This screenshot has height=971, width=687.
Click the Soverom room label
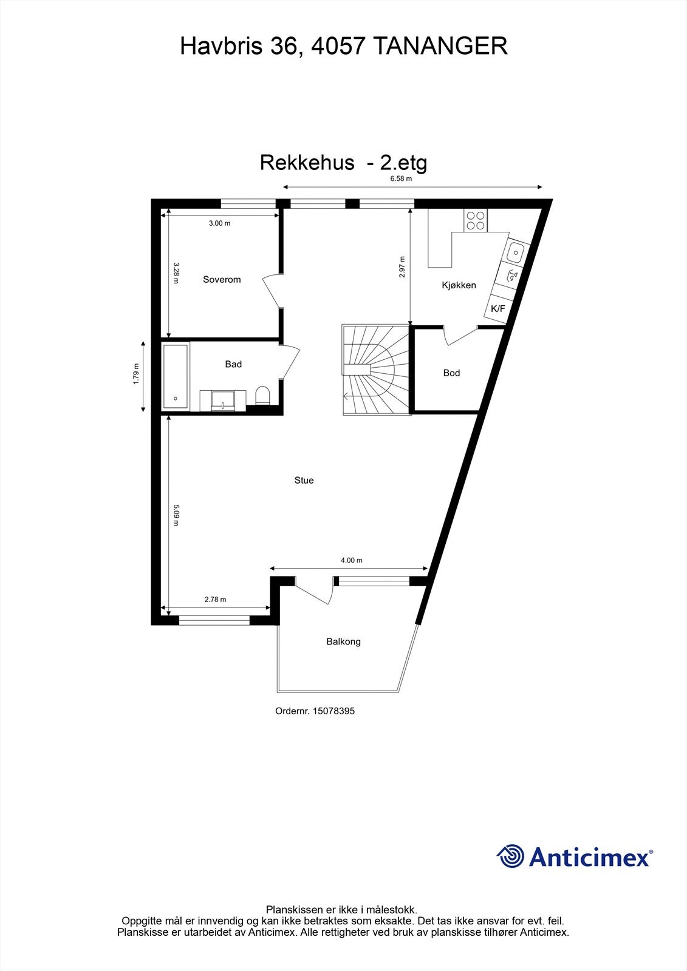click(222, 280)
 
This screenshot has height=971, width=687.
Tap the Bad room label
click(233, 364)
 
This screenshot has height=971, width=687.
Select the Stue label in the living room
click(304, 481)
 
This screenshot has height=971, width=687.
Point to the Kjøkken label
click(459, 285)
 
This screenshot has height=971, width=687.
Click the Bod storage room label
click(451, 373)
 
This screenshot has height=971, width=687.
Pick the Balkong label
click(343, 641)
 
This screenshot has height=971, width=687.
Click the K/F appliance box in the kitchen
click(497, 309)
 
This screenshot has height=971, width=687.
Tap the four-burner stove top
click(475, 220)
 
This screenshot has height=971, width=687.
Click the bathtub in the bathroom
click(176, 376)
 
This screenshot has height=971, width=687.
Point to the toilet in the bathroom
click(263, 396)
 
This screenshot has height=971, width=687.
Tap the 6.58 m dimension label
click(401, 179)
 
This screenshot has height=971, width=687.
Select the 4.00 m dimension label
click(351, 561)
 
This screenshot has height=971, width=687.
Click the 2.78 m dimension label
click(215, 600)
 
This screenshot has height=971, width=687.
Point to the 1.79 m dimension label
click(136, 373)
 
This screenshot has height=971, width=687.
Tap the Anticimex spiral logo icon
click(510, 857)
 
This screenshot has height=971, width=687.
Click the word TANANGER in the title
click(439, 46)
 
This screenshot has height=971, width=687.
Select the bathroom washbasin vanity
click(224, 400)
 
